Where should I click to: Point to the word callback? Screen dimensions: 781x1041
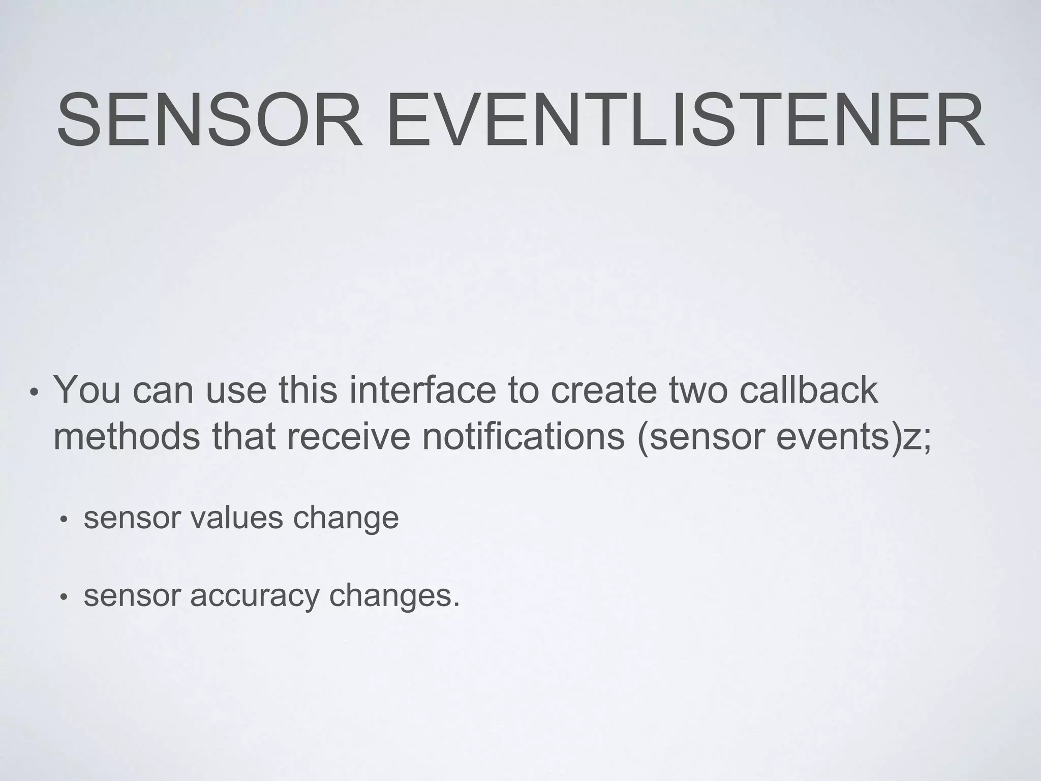click(809, 390)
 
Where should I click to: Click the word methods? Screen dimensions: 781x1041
click(127, 437)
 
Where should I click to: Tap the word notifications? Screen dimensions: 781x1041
click(523, 437)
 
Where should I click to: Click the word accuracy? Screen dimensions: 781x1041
click(254, 596)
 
